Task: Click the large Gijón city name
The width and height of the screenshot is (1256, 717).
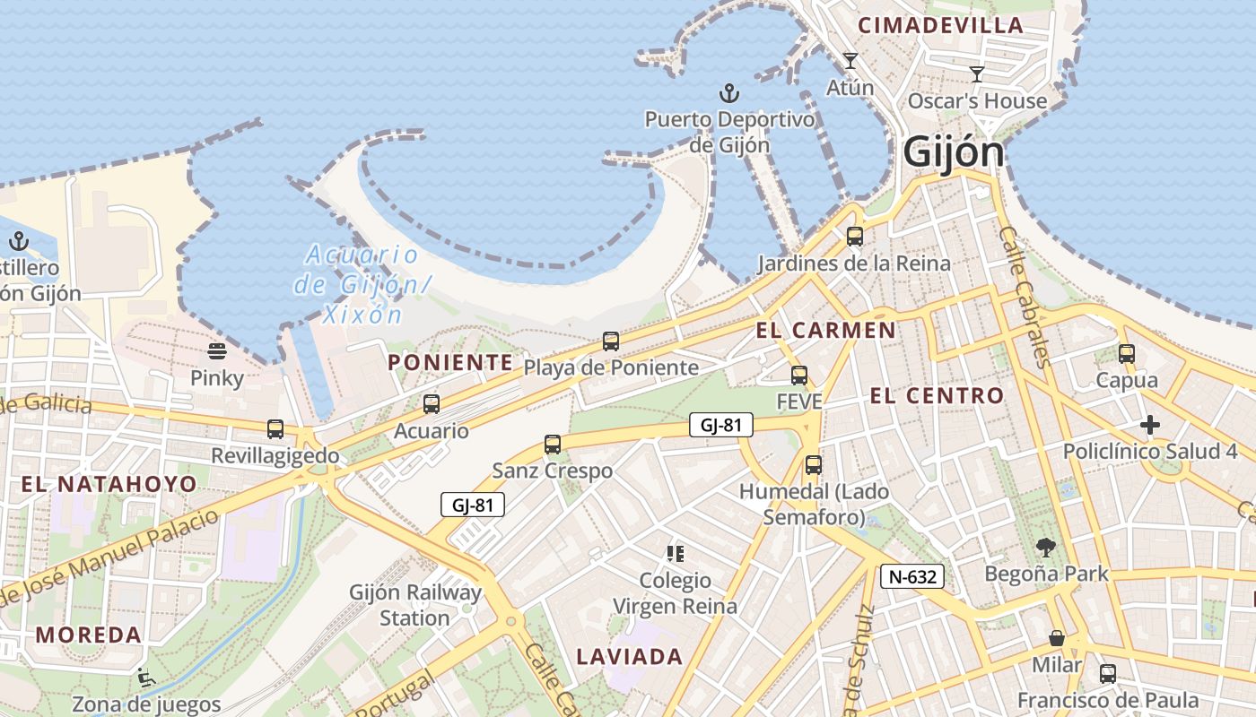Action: tap(954, 151)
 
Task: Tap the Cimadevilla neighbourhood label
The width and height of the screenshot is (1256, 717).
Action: tap(941, 25)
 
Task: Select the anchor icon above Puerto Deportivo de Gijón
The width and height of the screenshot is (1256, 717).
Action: tap(729, 92)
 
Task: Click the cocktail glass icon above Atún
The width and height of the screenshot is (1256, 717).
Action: tap(850, 61)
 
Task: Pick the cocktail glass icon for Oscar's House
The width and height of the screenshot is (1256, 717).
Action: tap(977, 74)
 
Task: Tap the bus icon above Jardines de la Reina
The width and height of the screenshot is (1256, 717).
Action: tap(854, 237)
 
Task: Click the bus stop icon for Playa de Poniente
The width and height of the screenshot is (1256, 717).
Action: tap(611, 341)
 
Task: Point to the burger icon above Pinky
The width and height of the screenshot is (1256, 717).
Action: tap(216, 350)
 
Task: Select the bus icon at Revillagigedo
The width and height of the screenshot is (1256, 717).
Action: tap(275, 429)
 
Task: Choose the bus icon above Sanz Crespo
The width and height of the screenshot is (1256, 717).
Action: tap(553, 444)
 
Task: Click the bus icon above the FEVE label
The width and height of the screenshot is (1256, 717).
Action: tap(798, 376)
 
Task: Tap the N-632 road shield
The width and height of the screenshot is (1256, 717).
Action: tap(911, 576)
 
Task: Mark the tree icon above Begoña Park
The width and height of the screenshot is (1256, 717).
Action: tap(1045, 547)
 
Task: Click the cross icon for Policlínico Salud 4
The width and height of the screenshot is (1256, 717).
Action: tap(1149, 425)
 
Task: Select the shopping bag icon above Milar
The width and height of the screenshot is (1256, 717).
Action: tap(1057, 638)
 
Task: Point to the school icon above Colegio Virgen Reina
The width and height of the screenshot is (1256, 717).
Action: tap(675, 554)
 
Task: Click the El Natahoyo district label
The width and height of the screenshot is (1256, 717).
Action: tap(109, 485)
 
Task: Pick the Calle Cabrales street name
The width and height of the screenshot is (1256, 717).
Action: tap(1023, 296)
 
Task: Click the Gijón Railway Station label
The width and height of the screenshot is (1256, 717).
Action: tap(415, 605)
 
